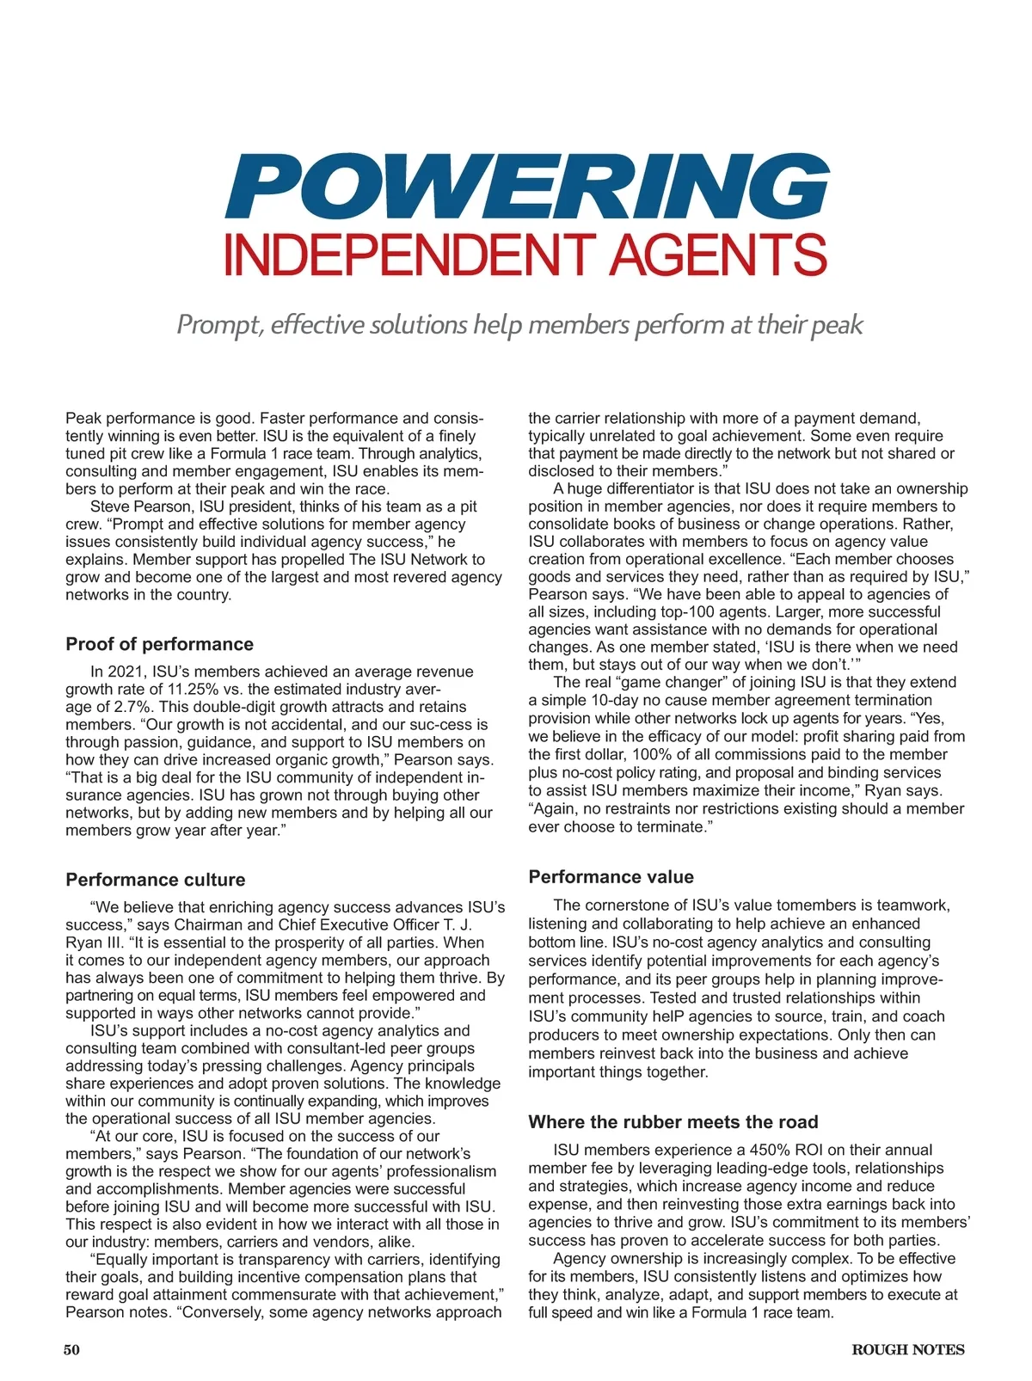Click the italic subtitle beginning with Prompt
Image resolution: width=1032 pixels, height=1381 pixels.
coord(519,324)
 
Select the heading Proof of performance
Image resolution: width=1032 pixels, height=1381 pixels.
coord(159,644)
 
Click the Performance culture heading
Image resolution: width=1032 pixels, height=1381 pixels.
coord(155,880)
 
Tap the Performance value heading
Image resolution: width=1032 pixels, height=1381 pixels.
coord(611,877)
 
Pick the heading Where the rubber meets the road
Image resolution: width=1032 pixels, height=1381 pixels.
coord(673,1122)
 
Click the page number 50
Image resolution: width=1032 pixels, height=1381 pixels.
coord(71,1350)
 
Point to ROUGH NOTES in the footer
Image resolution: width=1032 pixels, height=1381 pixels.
coord(907,1350)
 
